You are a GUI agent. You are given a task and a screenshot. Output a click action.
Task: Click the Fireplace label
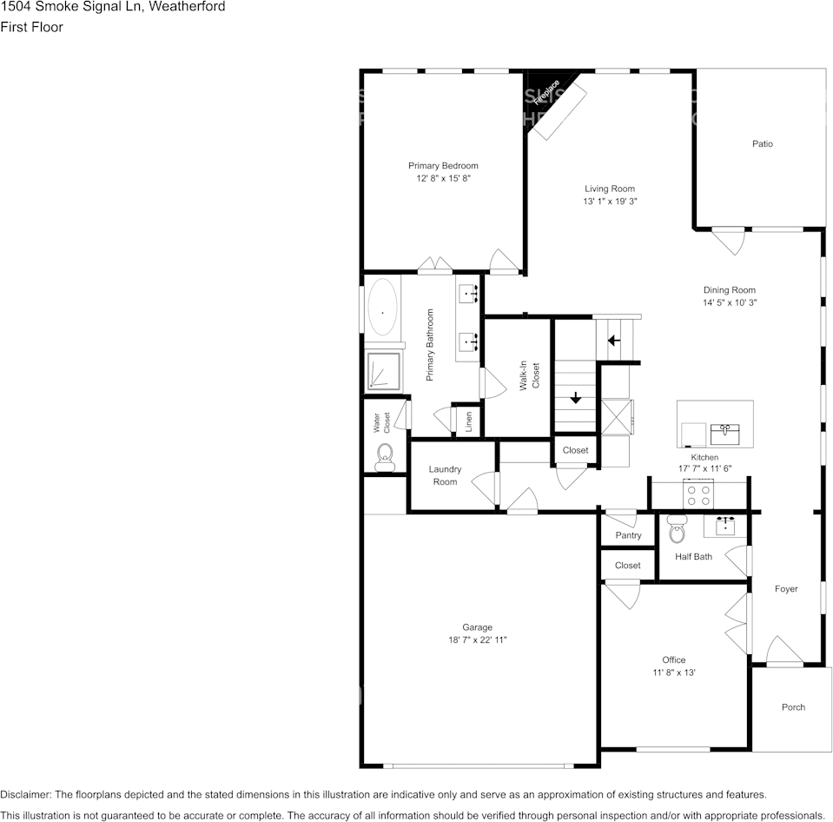click(x=546, y=92)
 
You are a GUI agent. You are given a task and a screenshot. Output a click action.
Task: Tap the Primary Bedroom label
click(x=443, y=166)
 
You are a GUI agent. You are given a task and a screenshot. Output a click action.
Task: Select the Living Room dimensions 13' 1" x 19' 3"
click(x=610, y=202)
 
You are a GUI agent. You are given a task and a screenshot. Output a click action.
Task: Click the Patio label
click(x=763, y=143)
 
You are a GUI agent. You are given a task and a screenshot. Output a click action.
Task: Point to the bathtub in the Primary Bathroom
click(x=382, y=313)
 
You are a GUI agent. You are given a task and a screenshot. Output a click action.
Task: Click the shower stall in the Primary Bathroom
click(x=384, y=371)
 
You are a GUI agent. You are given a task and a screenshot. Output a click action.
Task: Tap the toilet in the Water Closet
click(x=385, y=458)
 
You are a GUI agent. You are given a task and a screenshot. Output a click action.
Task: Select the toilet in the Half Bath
click(x=677, y=528)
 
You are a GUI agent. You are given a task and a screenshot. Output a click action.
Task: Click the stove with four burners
click(x=698, y=494)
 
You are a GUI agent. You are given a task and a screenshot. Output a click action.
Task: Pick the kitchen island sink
click(x=725, y=434)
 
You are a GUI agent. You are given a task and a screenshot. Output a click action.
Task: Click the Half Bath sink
click(x=725, y=526)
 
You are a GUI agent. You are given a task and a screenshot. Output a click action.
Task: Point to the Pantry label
click(x=629, y=535)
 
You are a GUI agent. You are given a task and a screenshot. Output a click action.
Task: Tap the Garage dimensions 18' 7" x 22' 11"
click(x=478, y=640)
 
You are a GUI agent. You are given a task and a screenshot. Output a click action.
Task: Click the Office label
click(x=674, y=660)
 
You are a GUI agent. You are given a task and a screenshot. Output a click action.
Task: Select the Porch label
click(x=793, y=707)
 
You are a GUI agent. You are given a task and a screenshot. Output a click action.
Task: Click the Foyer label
click(x=786, y=589)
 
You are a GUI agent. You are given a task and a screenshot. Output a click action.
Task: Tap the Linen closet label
click(x=468, y=422)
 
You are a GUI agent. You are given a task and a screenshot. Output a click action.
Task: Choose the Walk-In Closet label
click(x=530, y=375)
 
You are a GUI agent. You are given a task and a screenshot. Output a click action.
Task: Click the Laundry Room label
click(x=446, y=475)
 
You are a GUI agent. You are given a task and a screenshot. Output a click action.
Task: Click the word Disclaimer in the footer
click(x=25, y=795)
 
